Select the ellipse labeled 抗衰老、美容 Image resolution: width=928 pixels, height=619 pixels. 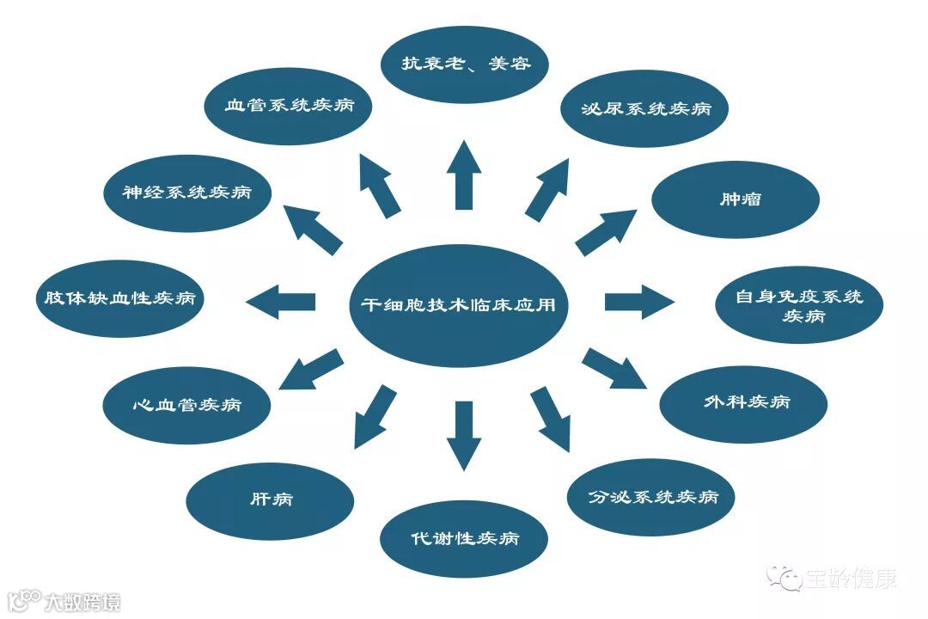click(465, 64)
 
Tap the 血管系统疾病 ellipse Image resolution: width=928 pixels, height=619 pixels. click(288, 106)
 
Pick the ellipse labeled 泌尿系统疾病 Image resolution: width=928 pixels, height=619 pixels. click(644, 109)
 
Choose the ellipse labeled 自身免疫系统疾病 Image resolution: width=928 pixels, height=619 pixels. click(799, 305)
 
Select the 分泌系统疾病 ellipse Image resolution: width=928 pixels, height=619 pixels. click(651, 497)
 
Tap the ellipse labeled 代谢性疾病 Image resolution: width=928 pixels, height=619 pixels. click(464, 539)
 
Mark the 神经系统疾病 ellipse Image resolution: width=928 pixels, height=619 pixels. click(186, 192)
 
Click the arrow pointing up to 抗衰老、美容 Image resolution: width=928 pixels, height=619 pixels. click(464, 175)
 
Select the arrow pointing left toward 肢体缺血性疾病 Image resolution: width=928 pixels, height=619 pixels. click(281, 302)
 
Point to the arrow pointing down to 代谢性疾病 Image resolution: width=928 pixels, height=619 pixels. click(464, 434)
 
